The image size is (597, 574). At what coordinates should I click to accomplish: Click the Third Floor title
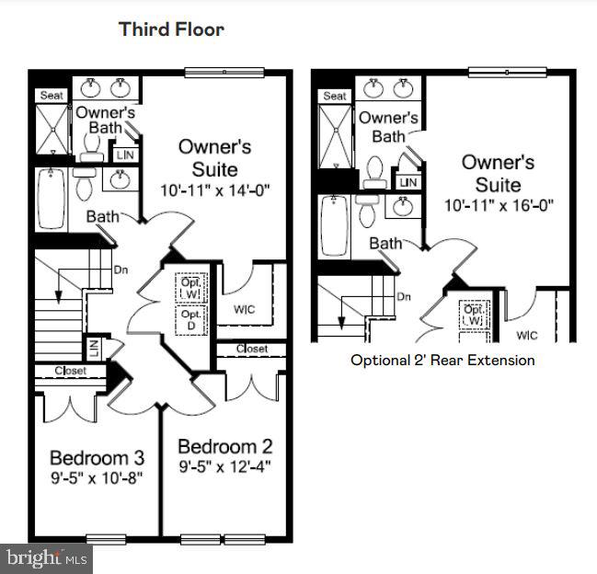point(171,29)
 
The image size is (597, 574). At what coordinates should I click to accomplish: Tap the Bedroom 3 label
point(97,457)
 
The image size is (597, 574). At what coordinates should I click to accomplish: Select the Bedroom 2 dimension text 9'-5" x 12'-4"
point(225,467)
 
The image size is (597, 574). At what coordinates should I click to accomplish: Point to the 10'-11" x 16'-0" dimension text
point(498,205)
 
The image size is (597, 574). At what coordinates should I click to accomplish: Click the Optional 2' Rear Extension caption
point(442,360)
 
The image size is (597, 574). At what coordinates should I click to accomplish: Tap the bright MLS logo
point(46,557)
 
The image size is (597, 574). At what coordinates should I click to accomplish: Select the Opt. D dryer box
point(190,320)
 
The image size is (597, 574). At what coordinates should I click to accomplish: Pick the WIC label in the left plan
point(244,309)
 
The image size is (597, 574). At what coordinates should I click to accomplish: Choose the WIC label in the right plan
point(527,336)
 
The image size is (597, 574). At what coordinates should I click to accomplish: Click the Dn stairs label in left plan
point(121,270)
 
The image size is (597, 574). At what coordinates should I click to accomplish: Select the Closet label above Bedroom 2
point(251,350)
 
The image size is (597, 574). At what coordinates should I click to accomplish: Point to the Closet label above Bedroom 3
point(70,371)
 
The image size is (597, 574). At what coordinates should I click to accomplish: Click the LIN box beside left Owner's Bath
point(125,155)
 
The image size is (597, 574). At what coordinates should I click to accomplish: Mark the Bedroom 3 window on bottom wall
point(105,539)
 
